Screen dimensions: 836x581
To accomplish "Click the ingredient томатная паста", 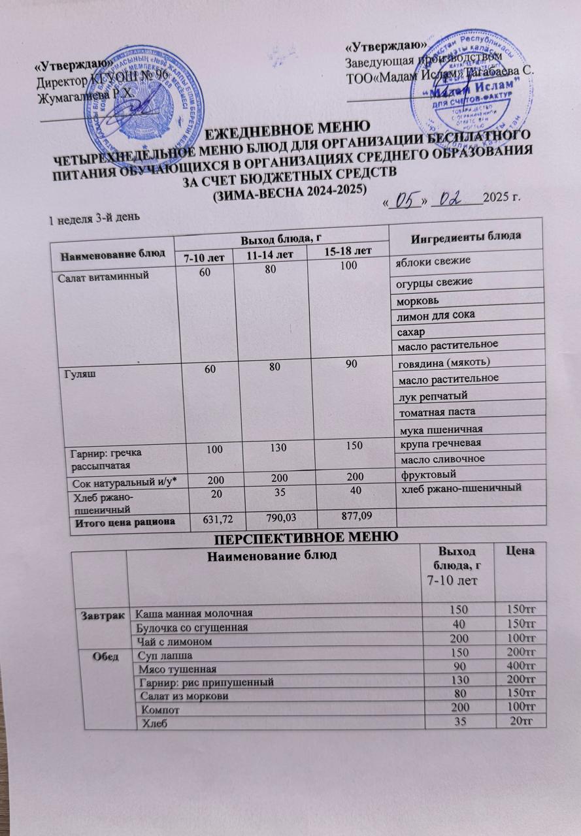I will click(435, 411).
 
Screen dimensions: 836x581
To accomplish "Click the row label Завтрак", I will click(100, 615).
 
